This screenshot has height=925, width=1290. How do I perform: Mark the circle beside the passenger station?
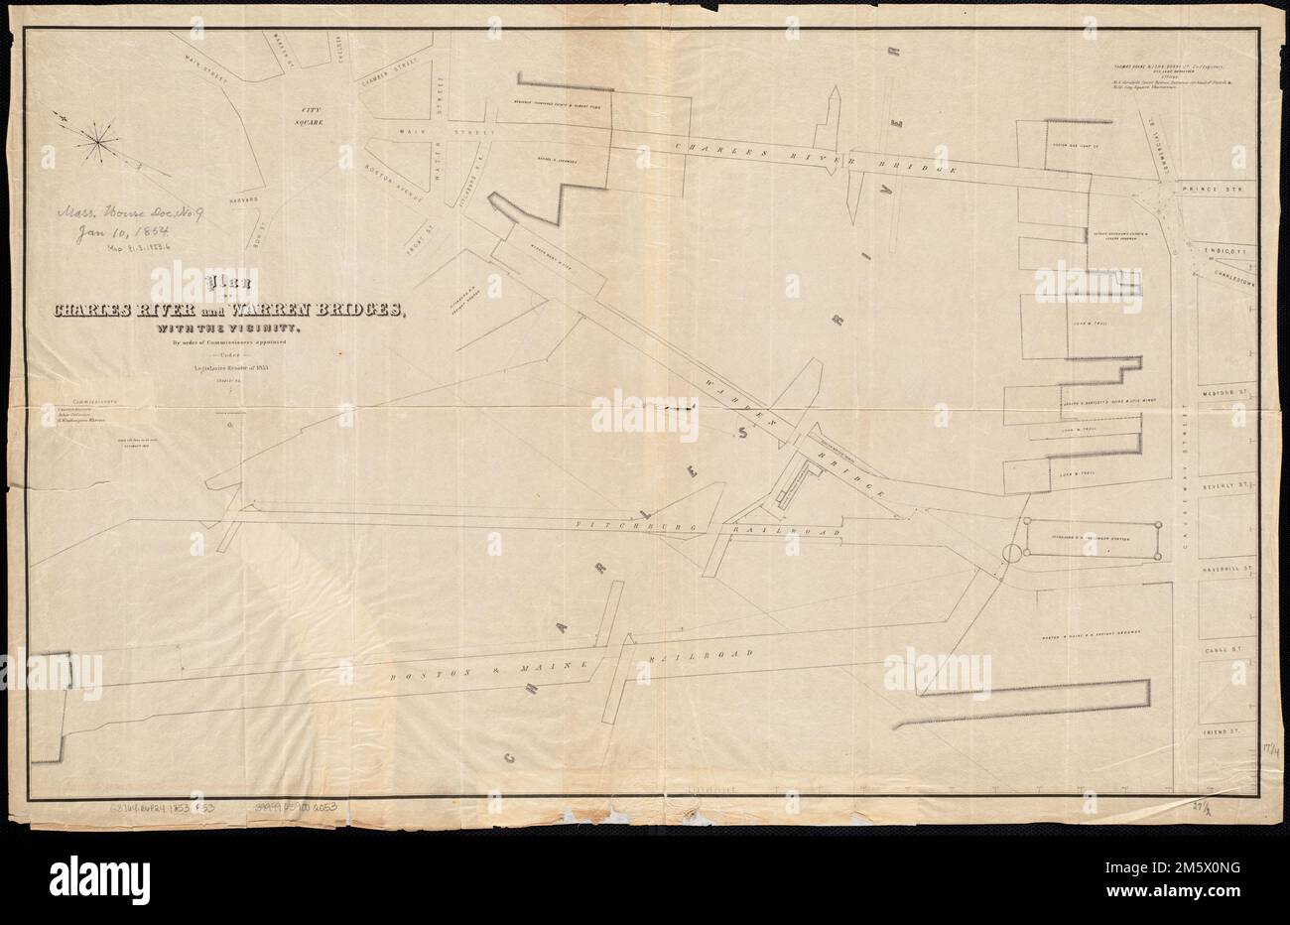pos(1011,553)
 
